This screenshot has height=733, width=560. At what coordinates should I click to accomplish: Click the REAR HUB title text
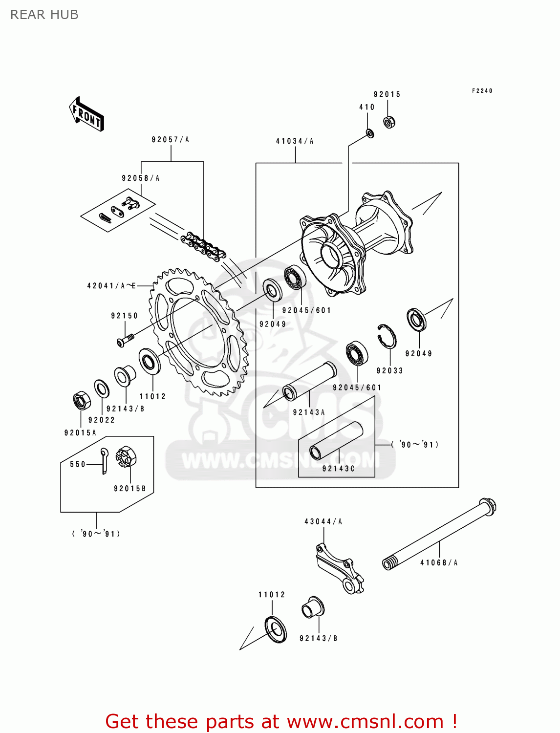click(44, 15)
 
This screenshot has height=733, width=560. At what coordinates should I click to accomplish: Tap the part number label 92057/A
click(170, 140)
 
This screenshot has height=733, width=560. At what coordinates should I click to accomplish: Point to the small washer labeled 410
click(370, 133)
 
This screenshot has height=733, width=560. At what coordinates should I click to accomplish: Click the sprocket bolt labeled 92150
click(125, 339)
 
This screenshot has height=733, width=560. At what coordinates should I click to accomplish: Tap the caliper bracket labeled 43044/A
click(339, 567)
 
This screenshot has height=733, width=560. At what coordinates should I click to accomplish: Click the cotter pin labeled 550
click(105, 460)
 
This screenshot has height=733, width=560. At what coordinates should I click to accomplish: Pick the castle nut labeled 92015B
click(126, 458)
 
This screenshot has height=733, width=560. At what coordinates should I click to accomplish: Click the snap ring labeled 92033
click(387, 336)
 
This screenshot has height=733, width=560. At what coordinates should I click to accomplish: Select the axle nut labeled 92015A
click(81, 401)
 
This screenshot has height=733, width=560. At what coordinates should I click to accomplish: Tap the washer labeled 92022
click(102, 389)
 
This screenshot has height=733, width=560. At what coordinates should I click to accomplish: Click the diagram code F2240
click(482, 91)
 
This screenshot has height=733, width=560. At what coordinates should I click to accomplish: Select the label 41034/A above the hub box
click(295, 141)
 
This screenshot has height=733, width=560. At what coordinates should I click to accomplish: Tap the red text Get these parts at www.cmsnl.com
click(281, 721)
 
